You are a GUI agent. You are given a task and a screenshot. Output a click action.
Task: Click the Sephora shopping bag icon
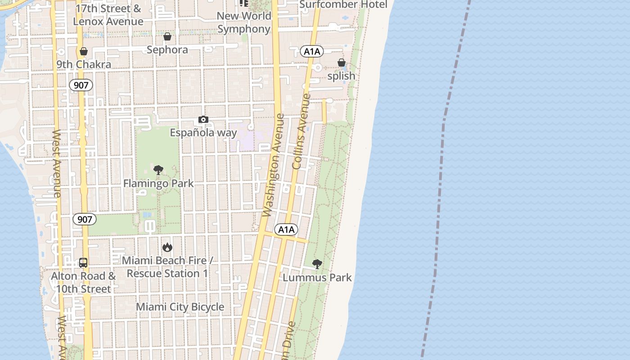coord(167,36)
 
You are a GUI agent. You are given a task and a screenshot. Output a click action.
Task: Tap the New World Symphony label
coord(244,22)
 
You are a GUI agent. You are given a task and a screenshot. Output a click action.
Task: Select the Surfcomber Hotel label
coord(343,4)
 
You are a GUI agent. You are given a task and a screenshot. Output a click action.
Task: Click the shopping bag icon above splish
coord(342,63)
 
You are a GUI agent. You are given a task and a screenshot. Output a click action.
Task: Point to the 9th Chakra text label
coord(84,64)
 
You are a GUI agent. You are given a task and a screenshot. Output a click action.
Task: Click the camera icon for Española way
coord(203,120)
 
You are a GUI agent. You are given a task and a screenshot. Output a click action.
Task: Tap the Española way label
coord(203,133)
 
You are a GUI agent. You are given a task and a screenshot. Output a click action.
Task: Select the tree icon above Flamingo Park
coord(158,170)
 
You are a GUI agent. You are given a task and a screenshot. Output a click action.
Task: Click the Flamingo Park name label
coord(158,184)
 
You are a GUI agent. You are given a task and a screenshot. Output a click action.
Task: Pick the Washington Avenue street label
coord(274,165)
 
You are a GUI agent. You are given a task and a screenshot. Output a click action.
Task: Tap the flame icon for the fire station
coord(167,247)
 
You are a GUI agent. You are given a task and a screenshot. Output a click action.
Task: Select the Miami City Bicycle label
coord(180,307)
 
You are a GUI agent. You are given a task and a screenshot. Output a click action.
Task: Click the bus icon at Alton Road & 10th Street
coord(83,262)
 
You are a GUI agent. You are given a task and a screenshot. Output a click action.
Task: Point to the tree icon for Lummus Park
coord(317,264)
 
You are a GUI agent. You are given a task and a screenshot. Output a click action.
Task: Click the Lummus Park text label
coord(317,278)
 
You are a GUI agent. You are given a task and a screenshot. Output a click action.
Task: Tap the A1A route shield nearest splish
coord(312,51)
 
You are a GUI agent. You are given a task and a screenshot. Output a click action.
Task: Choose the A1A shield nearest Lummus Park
coord(286,230)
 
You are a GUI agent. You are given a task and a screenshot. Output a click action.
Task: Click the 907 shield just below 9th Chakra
coord(81,85)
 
